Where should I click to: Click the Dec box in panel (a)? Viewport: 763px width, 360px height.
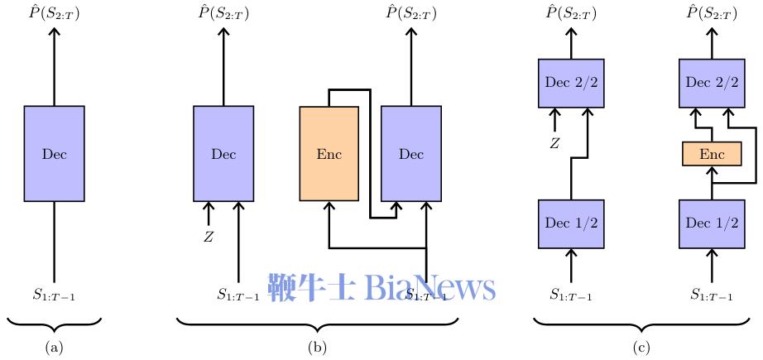coord(54,154)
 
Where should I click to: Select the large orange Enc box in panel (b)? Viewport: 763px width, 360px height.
coord(329,154)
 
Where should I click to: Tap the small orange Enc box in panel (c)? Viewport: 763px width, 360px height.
coord(712,154)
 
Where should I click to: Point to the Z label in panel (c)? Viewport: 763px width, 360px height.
coord(555,144)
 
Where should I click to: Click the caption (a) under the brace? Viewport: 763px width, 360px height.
coord(54,348)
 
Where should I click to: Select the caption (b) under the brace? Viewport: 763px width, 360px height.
coord(318,348)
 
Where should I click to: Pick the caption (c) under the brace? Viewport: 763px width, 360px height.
coord(641,348)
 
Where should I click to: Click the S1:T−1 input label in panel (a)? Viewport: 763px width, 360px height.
coord(54,293)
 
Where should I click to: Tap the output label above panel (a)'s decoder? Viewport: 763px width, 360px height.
coord(54,12)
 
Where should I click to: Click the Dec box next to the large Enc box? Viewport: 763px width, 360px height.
coord(411,154)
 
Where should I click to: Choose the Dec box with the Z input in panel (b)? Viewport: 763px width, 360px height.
coord(223,154)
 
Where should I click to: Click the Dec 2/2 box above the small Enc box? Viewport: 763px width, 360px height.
coord(712,83)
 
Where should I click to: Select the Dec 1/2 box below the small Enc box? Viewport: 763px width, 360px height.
coord(712,223)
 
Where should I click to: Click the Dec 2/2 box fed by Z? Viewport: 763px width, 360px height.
coord(570,83)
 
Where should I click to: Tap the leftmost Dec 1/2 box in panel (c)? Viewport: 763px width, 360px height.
coord(570,223)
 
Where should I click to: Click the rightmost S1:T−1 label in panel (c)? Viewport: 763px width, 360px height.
coord(712,293)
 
